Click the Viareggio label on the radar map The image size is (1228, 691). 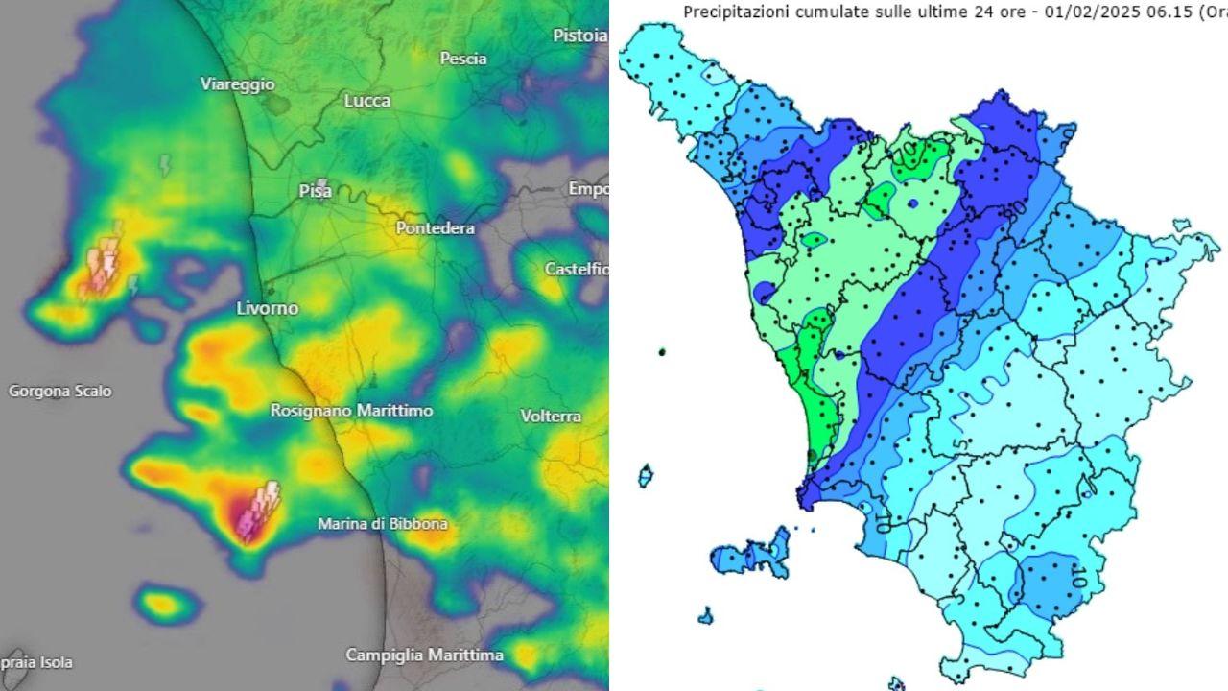tap(237, 84)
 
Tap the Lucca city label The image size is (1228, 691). tap(367, 101)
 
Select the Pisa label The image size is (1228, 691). tap(316, 191)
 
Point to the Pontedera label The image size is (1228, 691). tap(436, 228)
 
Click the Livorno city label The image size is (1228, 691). tap(268, 308)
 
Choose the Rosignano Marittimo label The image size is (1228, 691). tap(351, 410)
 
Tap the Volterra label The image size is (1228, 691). tap(551, 417)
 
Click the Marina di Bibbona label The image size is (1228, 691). tap(383, 525)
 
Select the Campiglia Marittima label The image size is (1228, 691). tap(424, 655)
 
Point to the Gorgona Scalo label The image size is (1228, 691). tap(59, 392)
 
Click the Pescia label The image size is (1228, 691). tap(463, 59)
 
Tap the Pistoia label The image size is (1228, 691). tap(579, 36)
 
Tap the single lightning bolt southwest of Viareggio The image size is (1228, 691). tap(165, 166)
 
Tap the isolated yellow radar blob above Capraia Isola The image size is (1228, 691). tap(163, 604)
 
